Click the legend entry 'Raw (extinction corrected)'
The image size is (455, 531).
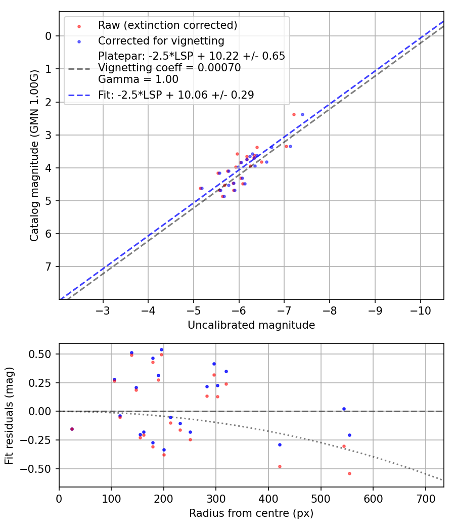point(167,25)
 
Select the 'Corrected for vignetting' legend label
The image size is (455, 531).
point(161,40)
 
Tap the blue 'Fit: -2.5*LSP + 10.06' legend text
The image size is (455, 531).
point(175,95)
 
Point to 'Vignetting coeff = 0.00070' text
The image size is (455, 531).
point(169,68)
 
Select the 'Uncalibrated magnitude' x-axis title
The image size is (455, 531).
point(251,325)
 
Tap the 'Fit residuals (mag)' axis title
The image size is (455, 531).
point(9,415)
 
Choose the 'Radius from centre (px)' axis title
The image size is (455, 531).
point(251,513)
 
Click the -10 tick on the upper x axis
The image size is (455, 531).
point(421,308)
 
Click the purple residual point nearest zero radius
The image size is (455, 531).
point(72,429)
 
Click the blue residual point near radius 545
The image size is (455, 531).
point(344,409)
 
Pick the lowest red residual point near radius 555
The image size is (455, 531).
point(349,473)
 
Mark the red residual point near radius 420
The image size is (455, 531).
point(280,466)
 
